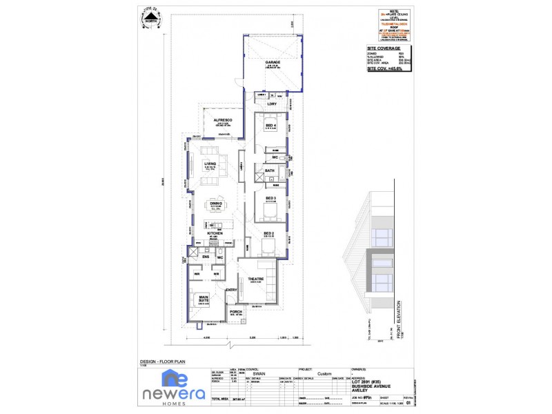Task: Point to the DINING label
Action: click(216, 204)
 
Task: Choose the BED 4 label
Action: click(270, 125)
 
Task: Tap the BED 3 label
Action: click(270, 198)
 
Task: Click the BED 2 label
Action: click(268, 234)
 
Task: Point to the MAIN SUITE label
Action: click(204, 299)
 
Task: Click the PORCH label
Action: click(236, 311)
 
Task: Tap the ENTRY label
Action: click(231, 290)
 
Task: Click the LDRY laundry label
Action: click(272, 104)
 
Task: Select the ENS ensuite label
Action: click(206, 257)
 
